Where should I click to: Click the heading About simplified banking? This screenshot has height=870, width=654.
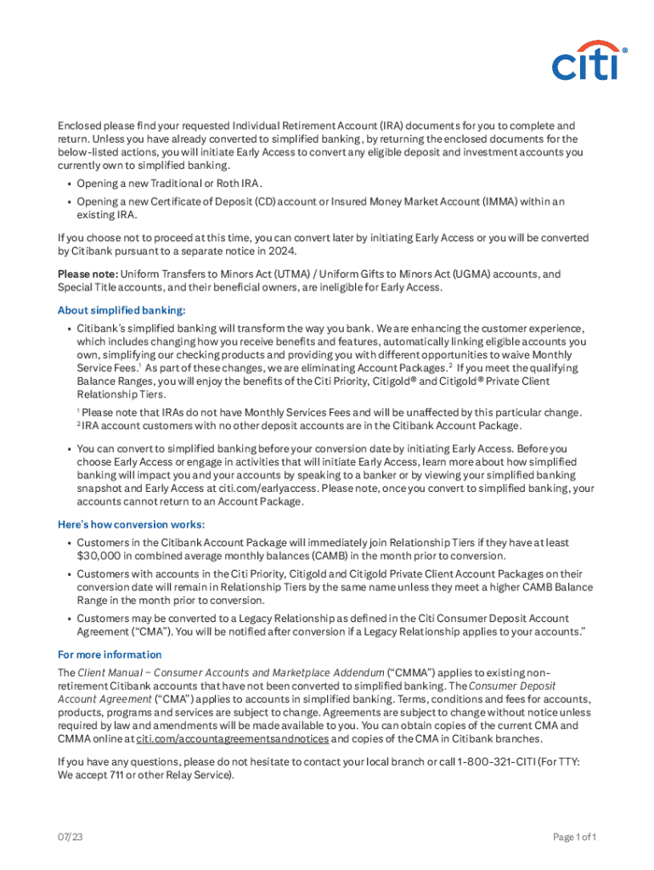[121, 310]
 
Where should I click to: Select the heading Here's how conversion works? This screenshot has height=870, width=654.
[131, 524]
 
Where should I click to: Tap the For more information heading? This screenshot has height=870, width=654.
[109, 654]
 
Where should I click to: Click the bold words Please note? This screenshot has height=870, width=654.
[87, 274]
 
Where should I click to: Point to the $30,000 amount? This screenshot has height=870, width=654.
[100, 556]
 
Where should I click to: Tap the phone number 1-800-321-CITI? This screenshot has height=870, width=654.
[482, 761]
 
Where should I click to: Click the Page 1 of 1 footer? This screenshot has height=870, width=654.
[574, 837]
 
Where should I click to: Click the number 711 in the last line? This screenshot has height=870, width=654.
[112, 775]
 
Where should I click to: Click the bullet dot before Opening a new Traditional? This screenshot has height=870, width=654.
[68, 184]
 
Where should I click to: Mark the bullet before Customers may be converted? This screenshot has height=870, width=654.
[68, 619]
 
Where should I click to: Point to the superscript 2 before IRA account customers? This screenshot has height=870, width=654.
[78, 423]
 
